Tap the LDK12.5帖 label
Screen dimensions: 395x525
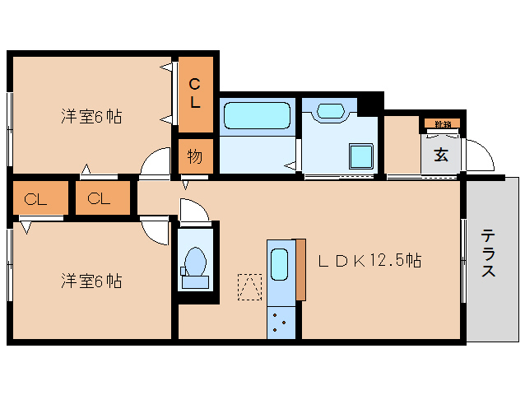(370, 261)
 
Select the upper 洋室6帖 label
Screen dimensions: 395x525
(91, 117)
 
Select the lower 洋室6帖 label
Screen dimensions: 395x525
(91, 281)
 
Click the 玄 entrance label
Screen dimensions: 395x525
(442, 154)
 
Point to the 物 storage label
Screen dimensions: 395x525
(195, 156)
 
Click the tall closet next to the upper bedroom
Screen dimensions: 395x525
(195, 93)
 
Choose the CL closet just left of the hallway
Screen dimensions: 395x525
(102, 198)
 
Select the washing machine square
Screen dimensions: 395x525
(360, 156)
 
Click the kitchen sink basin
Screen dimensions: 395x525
(279, 265)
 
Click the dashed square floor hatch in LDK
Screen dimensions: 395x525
(249, 287)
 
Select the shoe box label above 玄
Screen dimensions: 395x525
(443, 124)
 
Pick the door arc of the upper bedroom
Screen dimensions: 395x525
(154, 165)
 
